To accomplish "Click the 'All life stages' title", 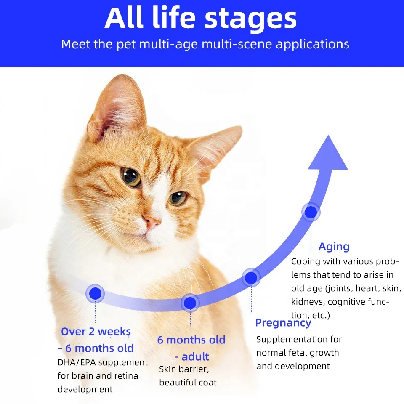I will pyautogui.click(x=201, y=18).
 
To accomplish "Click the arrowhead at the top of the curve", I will pyautogui.click(x=328, y=153).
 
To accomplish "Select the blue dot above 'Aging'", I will pyautogui.click(x=311, y=212).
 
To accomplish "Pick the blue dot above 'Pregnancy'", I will pyautogui.click(x=251, y=278).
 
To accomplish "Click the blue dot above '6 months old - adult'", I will pyautogui.click(x=190, y=302).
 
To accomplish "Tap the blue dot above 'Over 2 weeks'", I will pyautogui.click(x=96, y=293).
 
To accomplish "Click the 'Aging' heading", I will pyautogui.click(x=334, y=247).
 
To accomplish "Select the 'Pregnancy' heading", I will pyautogui.click(x=283, y=323).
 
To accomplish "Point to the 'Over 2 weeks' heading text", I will pyautogui.click(x=96, y=332).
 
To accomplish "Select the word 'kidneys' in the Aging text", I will pyautogui.click(x=308, y=302).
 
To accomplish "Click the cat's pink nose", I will pyautogui.click(x=152, y=221).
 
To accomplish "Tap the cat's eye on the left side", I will pyautogui.click(x=131, y=177).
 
